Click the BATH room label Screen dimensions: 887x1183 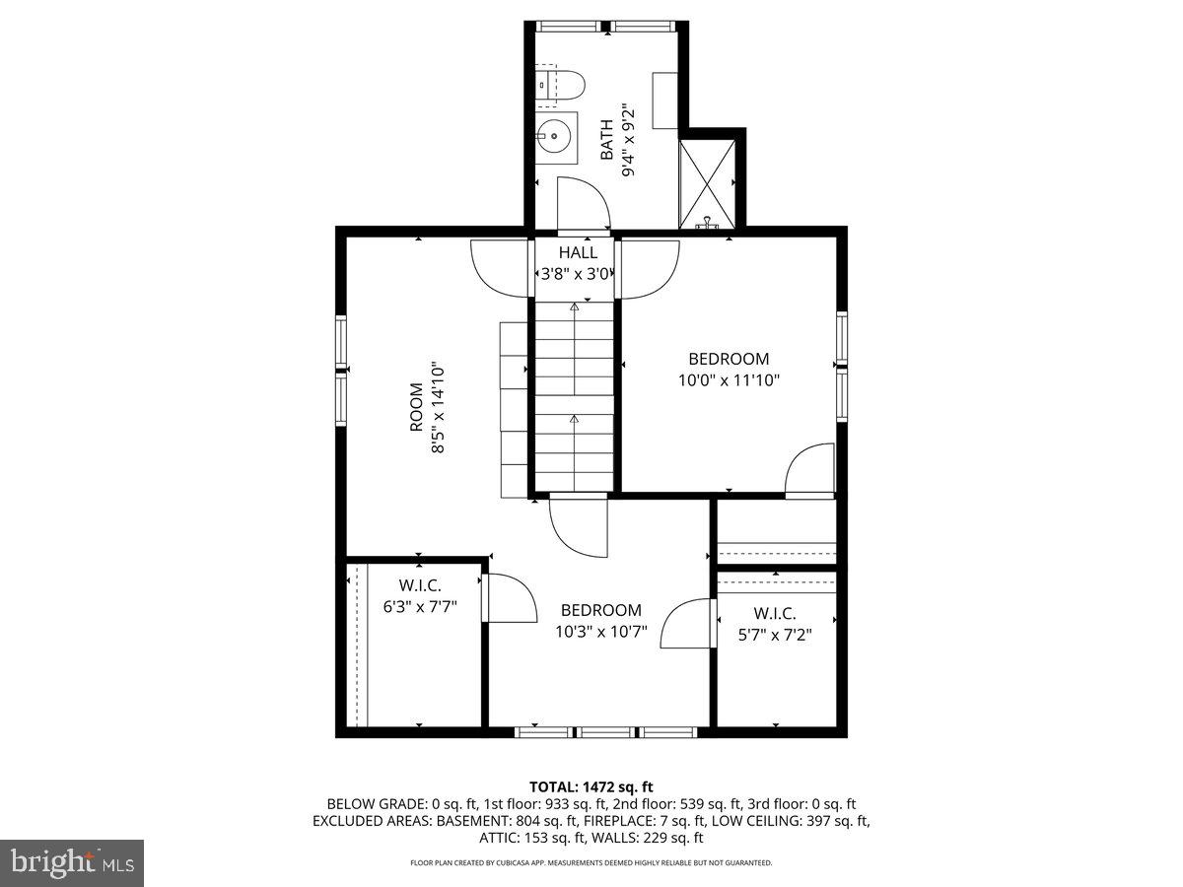pyautogui.click(x=607, y=139)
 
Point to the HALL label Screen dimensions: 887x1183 pyautogui.click(x=578, y=252)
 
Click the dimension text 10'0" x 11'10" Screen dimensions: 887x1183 pyautogui.click(x=729, y=379)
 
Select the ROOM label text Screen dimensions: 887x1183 pyautogui.click(x=416, y=407)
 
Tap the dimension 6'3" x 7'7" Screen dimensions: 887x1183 pyautogui.click(x=419, y=606)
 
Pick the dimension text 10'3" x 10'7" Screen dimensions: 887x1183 pyautogui.click(x=600, y=632)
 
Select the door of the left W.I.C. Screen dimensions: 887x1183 pyautogui.click(x=510, y=598)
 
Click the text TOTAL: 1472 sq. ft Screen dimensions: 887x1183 pyautogui.click(x=591, y=786)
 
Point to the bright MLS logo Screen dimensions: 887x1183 pyautogui.click(x=72, y=863)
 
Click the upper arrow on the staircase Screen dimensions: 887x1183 pyautogui.click(x=574, y=308)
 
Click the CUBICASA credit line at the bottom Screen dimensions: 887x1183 pyautogui.click(x=591, y=862)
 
